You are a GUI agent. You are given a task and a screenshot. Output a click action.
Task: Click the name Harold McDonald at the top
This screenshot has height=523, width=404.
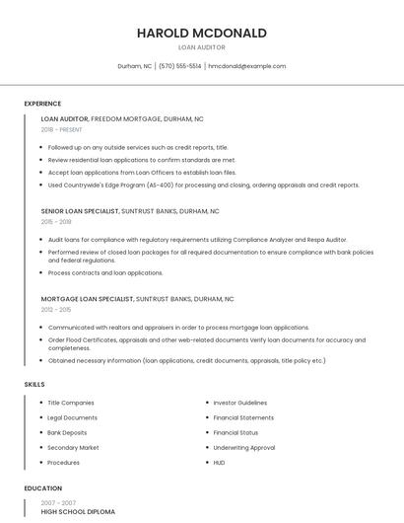pos(202,33)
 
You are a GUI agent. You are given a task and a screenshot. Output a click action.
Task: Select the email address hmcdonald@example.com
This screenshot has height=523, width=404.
pos(247,66)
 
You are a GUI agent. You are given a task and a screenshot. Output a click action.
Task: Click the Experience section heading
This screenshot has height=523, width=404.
pos(42,104)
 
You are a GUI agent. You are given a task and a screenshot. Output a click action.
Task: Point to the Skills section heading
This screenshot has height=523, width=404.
pos(34,384)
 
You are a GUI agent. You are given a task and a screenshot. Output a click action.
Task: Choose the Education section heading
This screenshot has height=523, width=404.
pos(42,488)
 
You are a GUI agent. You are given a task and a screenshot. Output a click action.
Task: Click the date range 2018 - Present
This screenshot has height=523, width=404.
pos(61,129)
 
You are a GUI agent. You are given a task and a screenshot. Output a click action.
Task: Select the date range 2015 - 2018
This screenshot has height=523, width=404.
pos(56,222)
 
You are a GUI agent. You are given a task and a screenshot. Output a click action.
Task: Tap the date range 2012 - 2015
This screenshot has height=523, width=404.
pos(56,309)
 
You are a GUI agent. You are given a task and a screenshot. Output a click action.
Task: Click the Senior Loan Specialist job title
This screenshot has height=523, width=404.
pos(80,211)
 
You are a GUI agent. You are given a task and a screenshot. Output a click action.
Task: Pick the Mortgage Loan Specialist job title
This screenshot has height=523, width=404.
pos(87,298)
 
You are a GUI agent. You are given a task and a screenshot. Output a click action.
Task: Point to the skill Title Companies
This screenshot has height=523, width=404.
pos(71,403)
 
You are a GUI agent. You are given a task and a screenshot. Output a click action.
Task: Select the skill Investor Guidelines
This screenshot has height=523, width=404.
pos(239,403)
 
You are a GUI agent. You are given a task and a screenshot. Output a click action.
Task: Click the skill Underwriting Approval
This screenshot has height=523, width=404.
pos(243,447)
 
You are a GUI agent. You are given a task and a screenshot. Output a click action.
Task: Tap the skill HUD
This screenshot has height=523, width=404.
pos(219,462)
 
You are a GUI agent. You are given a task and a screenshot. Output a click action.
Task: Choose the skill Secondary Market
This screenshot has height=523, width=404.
pos(73,447)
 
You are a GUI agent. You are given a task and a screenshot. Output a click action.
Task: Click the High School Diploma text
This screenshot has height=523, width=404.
pos(78,512)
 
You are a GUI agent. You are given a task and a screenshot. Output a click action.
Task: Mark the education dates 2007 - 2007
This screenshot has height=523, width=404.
pos(57,502)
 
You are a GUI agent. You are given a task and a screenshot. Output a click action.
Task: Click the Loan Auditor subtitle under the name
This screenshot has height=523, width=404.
pos(202,47)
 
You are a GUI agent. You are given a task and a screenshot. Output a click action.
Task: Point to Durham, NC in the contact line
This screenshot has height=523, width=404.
pos(134,66)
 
